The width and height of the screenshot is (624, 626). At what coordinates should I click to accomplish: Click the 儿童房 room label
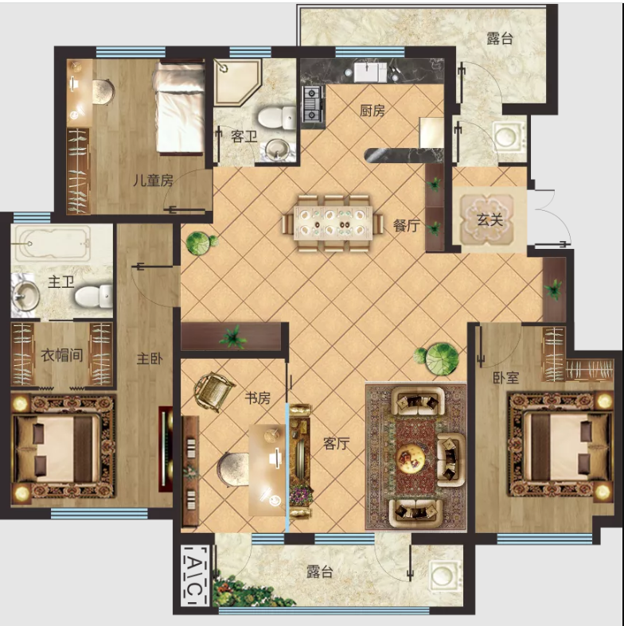153,181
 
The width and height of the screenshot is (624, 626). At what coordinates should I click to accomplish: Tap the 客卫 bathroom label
244,137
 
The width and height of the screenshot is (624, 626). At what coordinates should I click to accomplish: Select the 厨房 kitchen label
372,111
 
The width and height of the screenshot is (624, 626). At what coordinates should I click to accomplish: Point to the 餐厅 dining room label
406,226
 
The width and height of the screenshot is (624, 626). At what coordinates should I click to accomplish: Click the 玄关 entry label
489,220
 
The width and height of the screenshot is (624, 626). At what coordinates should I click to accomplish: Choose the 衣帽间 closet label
62,355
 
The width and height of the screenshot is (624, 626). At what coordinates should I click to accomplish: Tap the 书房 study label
258,398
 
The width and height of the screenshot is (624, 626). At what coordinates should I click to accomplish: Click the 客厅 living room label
337,443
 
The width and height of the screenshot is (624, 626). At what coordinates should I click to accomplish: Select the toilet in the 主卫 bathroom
94,296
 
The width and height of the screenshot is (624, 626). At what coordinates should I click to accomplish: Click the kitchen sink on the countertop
369,72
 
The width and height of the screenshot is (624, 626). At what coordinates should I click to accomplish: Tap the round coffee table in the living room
411,458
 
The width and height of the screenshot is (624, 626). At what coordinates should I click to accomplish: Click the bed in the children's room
179,107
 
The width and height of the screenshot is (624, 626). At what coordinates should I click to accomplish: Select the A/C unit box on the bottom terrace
195,575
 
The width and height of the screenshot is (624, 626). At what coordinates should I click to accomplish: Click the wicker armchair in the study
214,391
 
